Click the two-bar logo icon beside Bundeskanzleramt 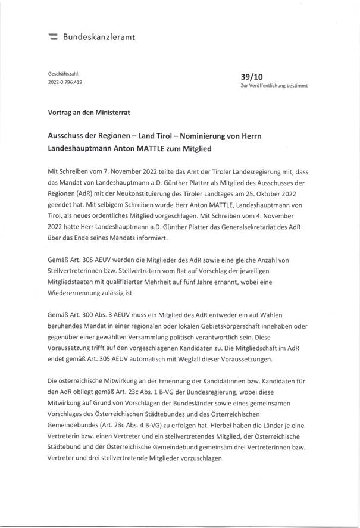pyautogui.click(x=52, y=38)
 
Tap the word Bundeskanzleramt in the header pyautogui.click(x=99, y=37)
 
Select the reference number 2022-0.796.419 pyautogui.click(x=65, y=82)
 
